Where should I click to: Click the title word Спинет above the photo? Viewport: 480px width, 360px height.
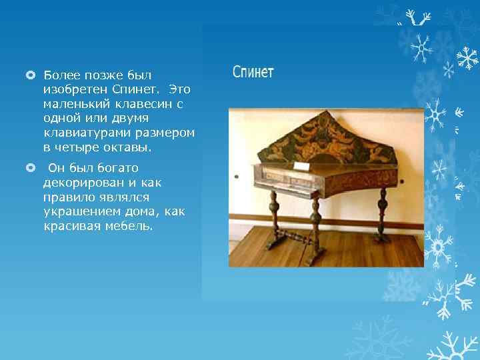[253, 72]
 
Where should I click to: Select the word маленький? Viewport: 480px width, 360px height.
[75, 103]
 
